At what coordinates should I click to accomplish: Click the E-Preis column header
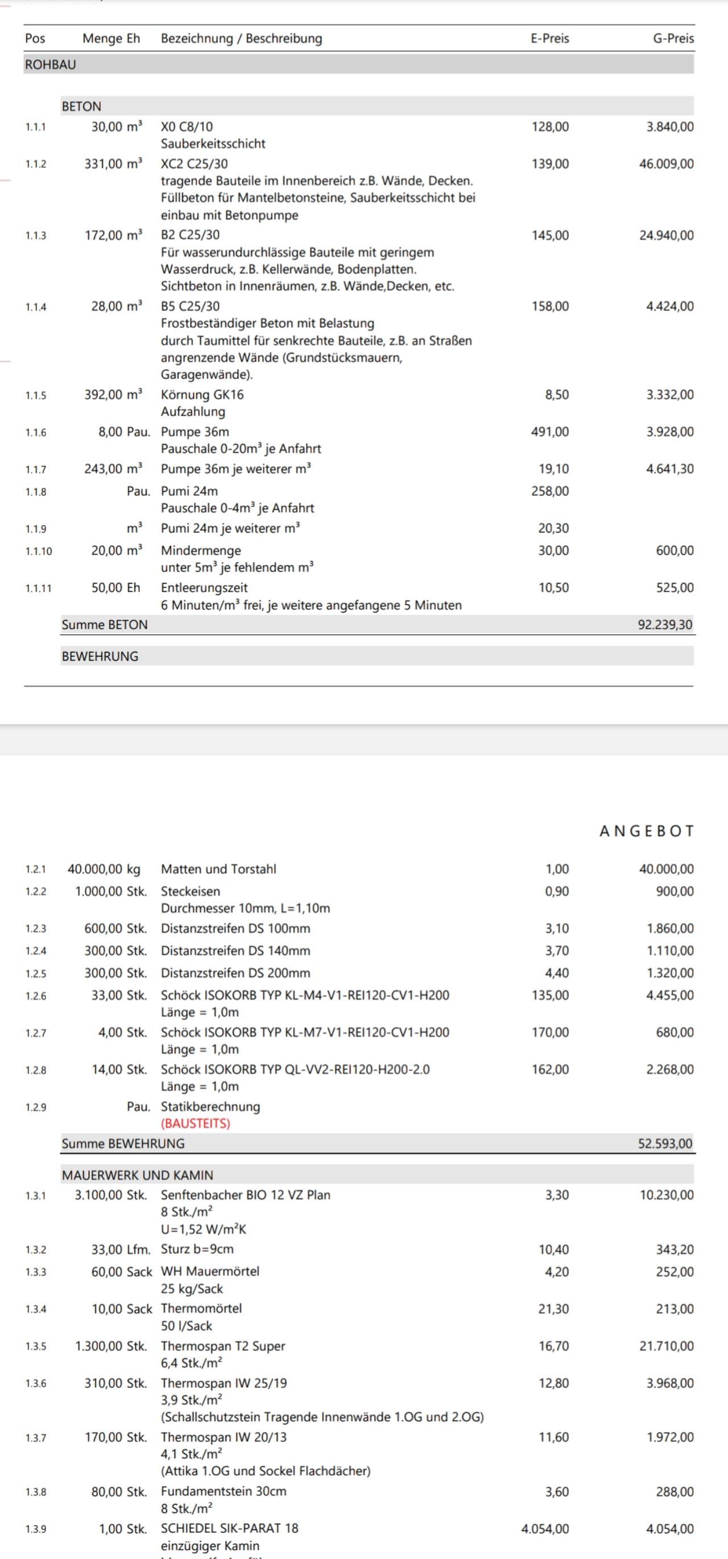pos(549,38)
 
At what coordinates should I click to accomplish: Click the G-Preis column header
pos(673,38)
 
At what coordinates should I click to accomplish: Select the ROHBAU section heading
pos(51,64)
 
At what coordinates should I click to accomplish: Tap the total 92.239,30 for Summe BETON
pos(665,625)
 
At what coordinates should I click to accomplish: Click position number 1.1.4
pos(36,307)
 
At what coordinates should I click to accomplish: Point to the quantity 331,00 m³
pos(113,163)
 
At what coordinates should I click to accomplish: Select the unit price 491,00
pos(550,431)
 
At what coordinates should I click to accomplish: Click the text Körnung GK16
pos(202,395)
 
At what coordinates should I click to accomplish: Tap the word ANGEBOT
pos(646,831)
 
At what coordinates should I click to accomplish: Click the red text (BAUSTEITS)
pos(196,1123)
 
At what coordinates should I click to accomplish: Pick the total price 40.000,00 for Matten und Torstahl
pos(666,868)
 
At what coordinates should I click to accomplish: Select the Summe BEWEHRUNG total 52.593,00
pos(665,1143)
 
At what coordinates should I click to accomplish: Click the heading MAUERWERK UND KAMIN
pos(138,1175)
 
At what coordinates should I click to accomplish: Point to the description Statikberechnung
pos(210,1106)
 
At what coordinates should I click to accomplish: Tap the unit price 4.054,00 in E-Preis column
pos(545,1528)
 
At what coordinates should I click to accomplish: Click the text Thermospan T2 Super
pos(223,1346)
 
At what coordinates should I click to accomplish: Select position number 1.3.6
pos(36,1384)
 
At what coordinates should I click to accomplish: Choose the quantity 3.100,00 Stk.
pos(111,1195)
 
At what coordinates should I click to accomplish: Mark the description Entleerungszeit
pos(204,588)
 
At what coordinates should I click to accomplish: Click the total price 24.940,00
pos(666,235)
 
